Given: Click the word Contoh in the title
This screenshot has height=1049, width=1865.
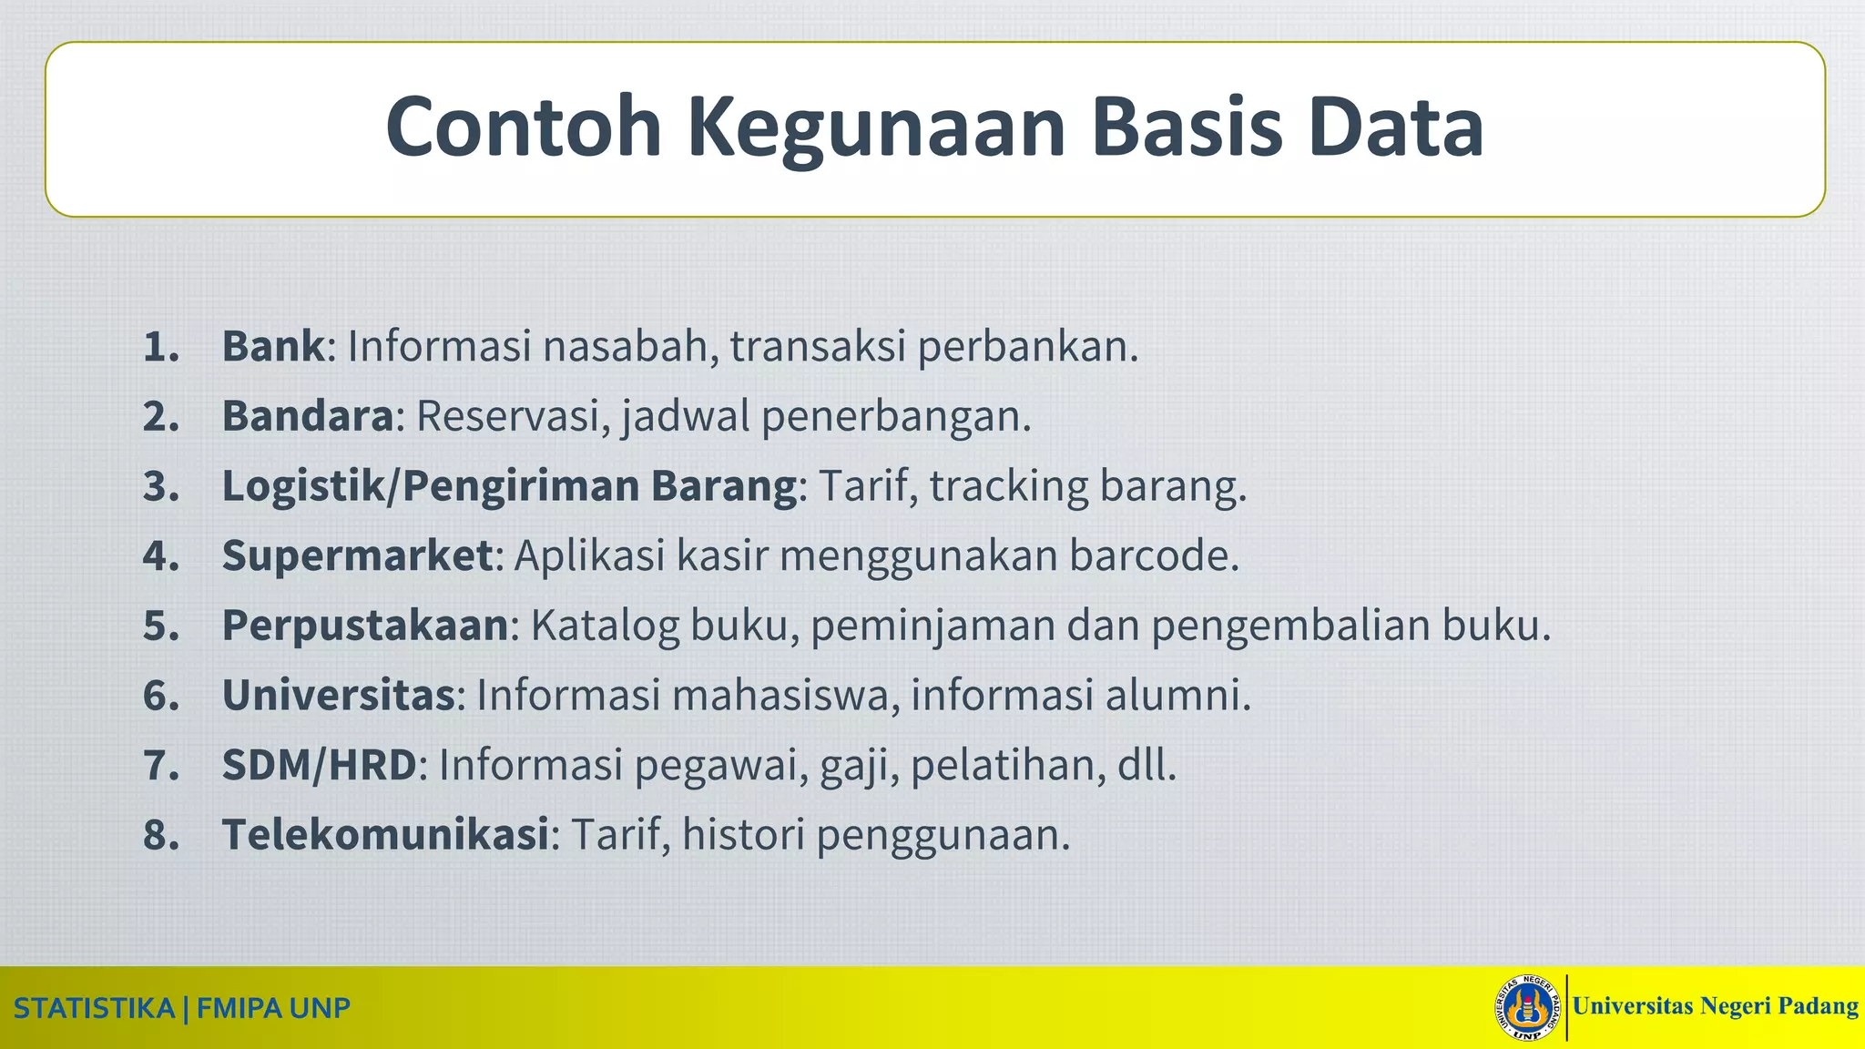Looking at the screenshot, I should [523, 128].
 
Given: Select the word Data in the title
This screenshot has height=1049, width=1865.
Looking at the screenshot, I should [1395, 128].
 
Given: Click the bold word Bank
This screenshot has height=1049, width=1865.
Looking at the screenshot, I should [272, 347].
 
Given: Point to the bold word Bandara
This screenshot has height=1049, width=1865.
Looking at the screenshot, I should [308, 417].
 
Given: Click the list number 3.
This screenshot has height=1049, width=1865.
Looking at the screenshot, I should [159, 486].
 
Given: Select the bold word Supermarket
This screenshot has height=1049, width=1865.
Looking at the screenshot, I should [357, 556].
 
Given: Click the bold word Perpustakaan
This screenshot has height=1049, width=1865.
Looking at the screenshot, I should [364, 626].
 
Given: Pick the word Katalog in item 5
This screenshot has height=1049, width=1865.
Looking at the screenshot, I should [605, 626].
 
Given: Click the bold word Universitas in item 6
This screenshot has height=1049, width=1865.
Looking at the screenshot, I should [338, 696].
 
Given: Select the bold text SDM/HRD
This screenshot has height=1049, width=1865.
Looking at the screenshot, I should [319, 765].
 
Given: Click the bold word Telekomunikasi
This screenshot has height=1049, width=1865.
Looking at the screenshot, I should [385, 835].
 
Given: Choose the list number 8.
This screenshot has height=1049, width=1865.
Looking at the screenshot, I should [159, 835].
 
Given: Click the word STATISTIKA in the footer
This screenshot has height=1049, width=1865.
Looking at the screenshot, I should [94, 1009].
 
